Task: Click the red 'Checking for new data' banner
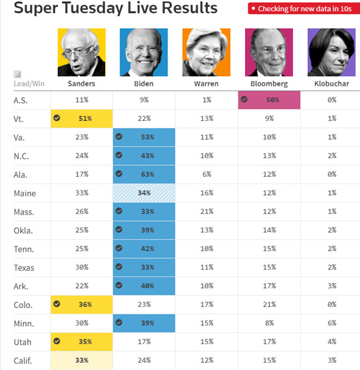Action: tap(304, 8)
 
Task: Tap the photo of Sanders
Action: tap(82, 53)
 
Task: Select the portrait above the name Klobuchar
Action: tap(331, 53)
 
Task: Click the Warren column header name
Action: tap(206, 83)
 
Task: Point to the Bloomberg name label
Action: tap(269, 84)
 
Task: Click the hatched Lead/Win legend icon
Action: tap(17, 74)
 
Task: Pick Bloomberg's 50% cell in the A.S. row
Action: tap(269, 99)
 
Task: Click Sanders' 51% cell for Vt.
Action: tap(82, 118)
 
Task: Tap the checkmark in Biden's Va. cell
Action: tap(119, 137)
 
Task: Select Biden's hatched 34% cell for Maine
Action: tap(144, 193)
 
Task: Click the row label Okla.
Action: tap(23, 230)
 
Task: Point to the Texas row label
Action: tap(24, 268)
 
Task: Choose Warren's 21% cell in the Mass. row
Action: tap(207, 211)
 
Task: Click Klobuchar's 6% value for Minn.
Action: tap(332, 323)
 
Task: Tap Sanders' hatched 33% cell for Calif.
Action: tap(82, 360)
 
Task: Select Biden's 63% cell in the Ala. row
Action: tap(144, 174)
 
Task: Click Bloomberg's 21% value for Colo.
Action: tap(269, 304)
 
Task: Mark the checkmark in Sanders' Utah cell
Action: tap(57, 341)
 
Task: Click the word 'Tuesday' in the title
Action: tap(93, 8)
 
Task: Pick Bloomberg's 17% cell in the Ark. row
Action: tap(269, 286)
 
